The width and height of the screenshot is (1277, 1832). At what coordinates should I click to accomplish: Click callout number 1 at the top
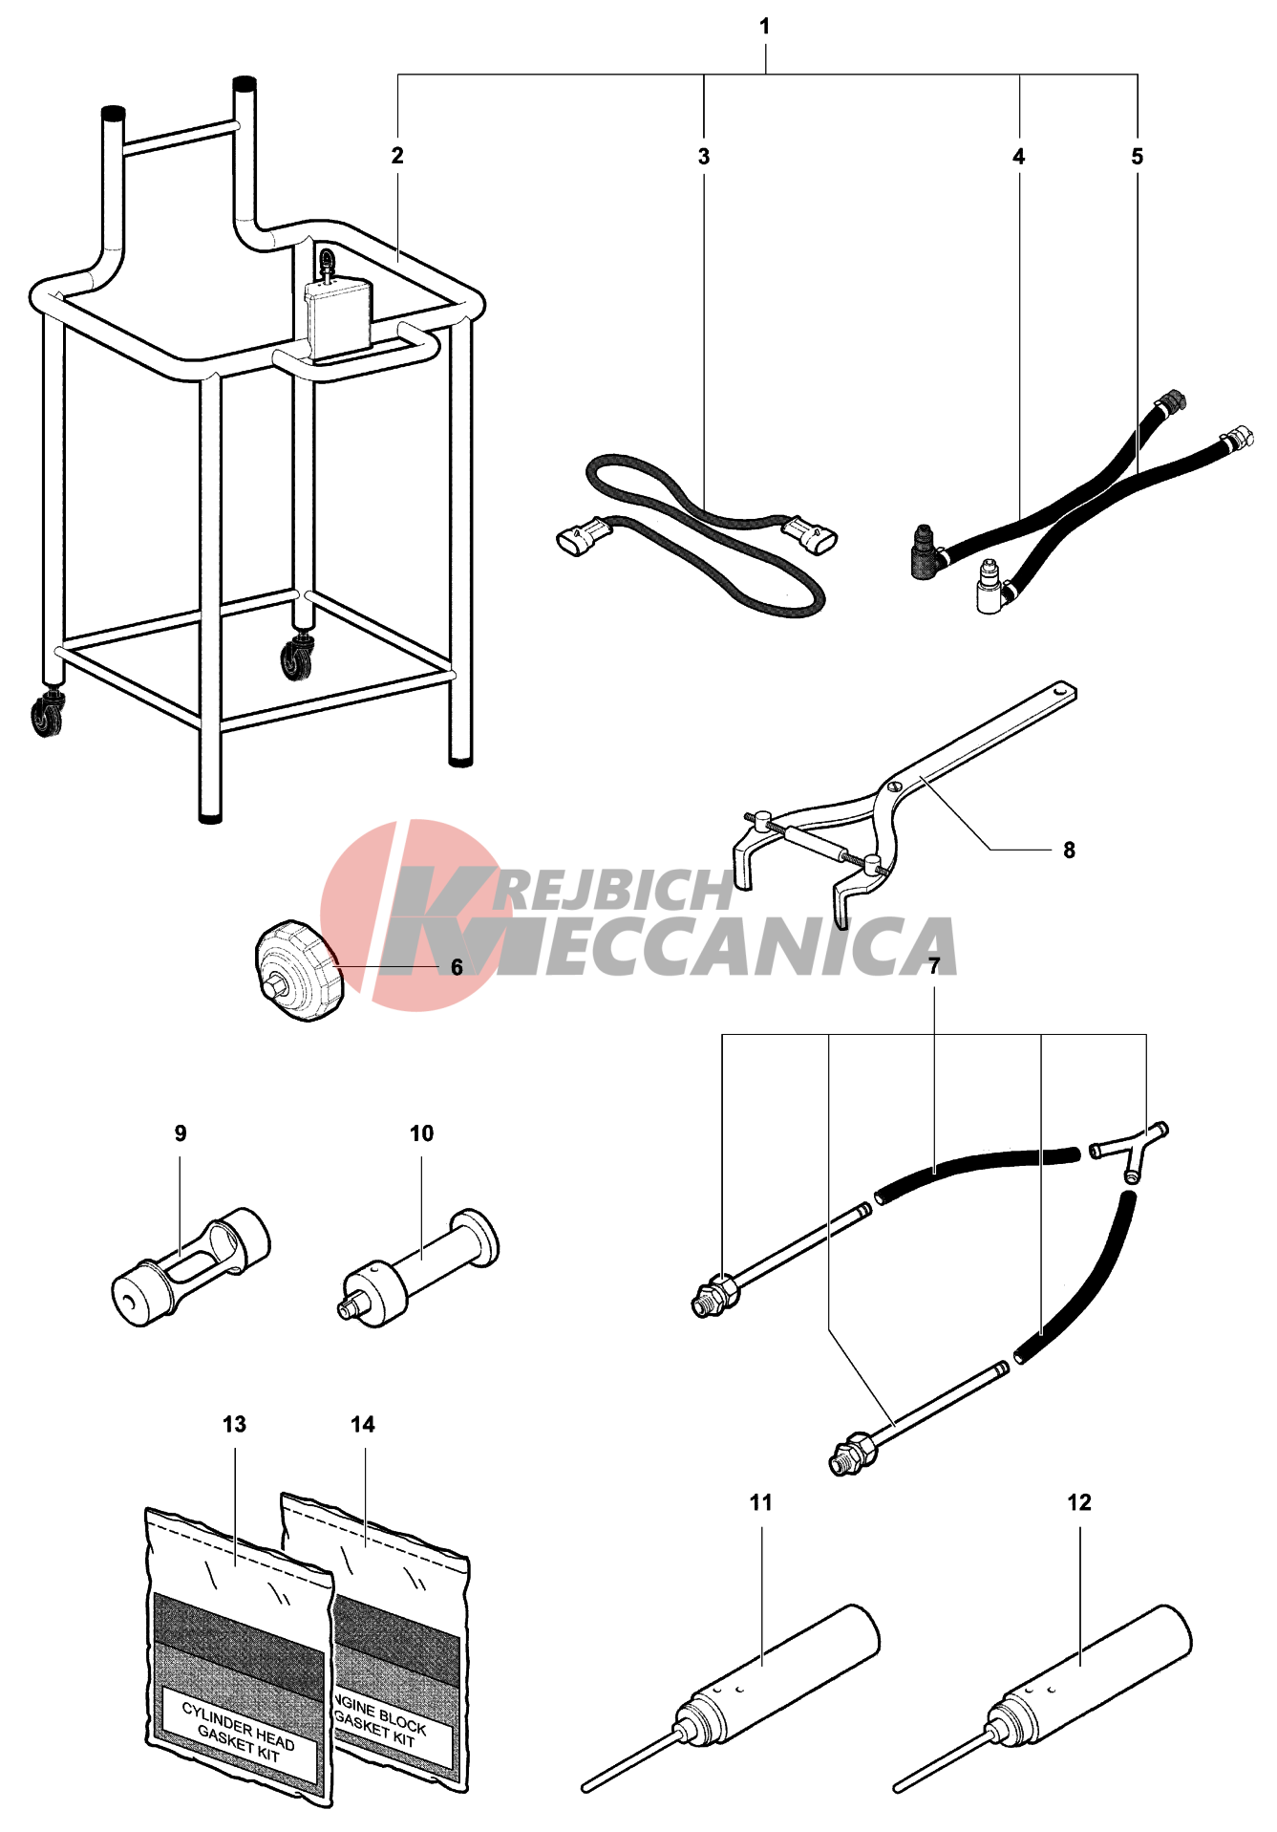point(764,27)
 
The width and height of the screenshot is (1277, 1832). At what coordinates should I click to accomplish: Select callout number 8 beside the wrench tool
point(1069,851)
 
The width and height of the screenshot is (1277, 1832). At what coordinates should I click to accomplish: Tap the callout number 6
point(457,968)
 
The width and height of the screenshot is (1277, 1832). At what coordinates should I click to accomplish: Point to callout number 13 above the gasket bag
point(234,1425)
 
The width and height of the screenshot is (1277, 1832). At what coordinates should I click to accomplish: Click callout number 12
point(1079,1503)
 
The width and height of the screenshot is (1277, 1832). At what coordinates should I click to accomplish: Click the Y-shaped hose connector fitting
point(1130,1150)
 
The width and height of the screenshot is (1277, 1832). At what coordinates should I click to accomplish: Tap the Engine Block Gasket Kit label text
point(380,1722)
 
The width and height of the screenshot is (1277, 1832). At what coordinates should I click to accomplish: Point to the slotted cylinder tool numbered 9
point(190,1267)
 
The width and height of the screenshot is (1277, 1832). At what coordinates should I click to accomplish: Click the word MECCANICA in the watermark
point(726,946)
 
